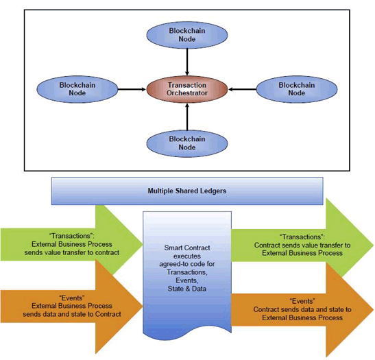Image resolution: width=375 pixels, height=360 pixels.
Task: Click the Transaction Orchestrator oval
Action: click(x=187, y=89)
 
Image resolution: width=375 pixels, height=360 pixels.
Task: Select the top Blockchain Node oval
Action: click(x=187, y=35)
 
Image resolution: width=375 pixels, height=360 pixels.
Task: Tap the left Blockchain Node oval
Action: click(x=77, y=89)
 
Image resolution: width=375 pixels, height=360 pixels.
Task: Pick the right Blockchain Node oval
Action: click(x=297, y=89)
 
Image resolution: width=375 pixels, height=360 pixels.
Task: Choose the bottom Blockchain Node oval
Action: click(x=187, y=143)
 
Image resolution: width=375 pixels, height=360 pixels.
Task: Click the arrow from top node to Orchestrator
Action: click(x=187, y=62)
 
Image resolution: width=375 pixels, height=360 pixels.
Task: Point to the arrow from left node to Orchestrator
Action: click(x=132, y=89)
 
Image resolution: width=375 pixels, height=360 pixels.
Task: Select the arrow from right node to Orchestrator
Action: click(x=242, y=89)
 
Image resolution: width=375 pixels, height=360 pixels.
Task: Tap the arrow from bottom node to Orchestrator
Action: click(x=187, y=117)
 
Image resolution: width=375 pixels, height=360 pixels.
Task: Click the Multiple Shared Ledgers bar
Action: click(x=187, y=191)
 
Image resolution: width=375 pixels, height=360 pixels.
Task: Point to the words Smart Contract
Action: click(x=187, y=248)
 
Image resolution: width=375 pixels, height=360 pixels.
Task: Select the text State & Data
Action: click(x=187, y=289)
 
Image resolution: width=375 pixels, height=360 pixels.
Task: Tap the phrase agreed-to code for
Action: click(x=187, y=264)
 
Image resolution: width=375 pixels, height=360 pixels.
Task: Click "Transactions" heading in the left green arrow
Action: click(x=72, y=236)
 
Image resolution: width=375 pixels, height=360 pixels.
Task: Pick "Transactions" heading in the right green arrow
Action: click(x=302, y=237)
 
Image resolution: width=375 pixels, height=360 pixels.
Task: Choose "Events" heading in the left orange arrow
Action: click(x=72, y=298)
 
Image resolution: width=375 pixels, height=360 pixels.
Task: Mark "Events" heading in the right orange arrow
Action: click(x=302, y=301)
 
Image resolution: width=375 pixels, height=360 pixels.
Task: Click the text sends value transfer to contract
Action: click(x=72, y=252)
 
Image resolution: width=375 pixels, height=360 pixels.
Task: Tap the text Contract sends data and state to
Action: click(x=302, y=309)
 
